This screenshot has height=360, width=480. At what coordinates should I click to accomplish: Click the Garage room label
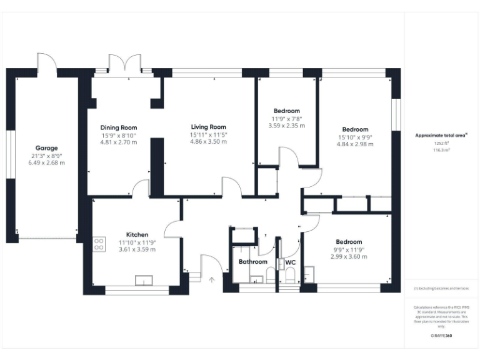[46, 148]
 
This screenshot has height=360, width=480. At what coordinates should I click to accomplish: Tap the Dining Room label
[119, 127]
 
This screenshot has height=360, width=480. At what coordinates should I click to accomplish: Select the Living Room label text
[208, 127]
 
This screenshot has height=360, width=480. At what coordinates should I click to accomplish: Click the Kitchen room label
[137, 234]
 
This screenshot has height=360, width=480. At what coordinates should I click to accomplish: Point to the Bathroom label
[253, 262]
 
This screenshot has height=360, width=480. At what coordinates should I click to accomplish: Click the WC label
[290, 262]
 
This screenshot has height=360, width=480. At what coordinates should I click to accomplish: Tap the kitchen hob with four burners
[98, 244]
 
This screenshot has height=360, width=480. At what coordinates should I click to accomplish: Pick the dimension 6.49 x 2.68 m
[46, 162]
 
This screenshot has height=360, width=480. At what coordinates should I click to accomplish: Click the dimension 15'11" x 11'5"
[208, 134]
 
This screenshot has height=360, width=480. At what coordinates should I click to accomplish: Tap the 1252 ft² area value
[442, 143]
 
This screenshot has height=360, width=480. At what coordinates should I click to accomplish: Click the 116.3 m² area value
[442, 150]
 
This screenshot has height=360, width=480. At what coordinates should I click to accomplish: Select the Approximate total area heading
[441, 134]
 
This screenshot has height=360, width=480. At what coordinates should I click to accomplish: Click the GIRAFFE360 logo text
[441, 336]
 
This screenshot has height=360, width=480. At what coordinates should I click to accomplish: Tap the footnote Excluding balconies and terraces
[441, 289]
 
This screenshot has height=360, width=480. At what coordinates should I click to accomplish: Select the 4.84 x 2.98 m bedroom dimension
[356, 144]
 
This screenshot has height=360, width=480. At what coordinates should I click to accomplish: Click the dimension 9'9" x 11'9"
[349, 249]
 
